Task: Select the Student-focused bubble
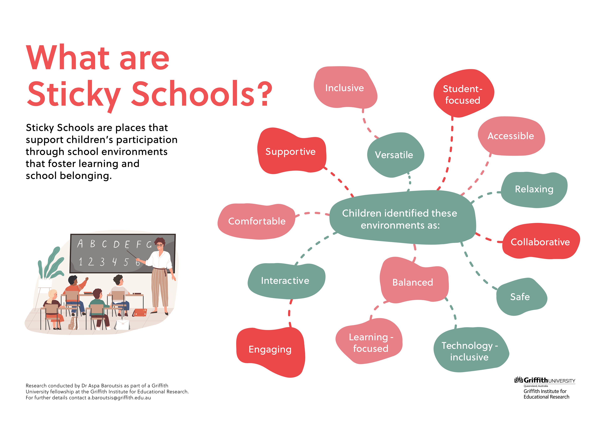pos(462,94)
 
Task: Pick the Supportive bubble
pos(290,152)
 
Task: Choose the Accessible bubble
pos(511,136)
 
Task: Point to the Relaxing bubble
pos(534,189)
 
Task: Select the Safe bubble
pos(520,297)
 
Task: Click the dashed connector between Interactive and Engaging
pos(290,313)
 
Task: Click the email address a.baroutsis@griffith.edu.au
pos(119,398)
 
